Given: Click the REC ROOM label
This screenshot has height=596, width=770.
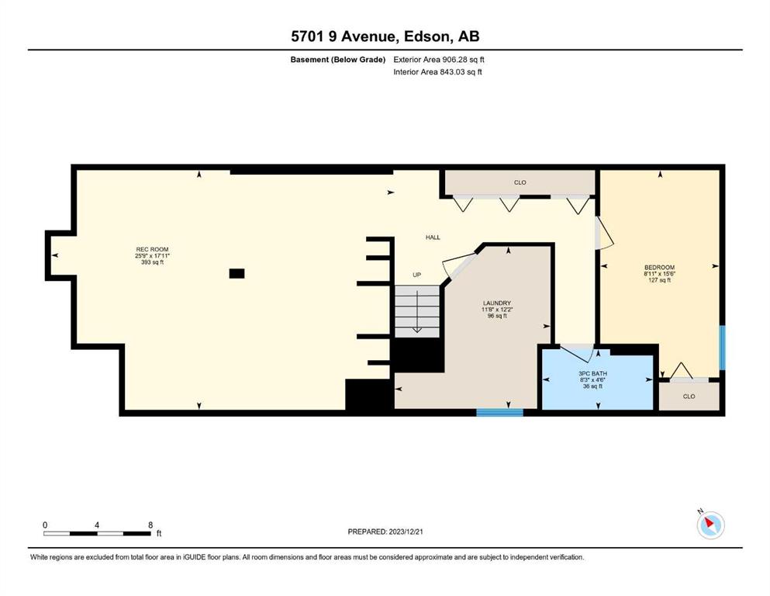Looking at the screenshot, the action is tap(152, 250).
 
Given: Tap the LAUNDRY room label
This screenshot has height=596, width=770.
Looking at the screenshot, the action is tap(497, 303).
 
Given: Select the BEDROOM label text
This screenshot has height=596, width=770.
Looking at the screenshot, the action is tap(660, 267).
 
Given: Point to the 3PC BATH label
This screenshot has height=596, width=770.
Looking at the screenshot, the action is tap(592, 373).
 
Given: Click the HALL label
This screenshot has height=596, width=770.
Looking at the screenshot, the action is tap(433, 237).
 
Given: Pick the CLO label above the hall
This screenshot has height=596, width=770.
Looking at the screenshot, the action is tap(520, 182).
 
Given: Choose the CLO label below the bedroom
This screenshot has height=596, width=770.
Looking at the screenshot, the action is tap(689, 396).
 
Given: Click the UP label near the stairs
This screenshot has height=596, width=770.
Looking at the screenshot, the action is tap(417, 275).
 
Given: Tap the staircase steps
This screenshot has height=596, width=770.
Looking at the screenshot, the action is tap(417, 311).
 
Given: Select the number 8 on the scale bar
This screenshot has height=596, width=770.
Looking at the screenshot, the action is tap(150, 525).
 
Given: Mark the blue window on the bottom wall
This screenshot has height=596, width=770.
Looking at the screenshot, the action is tap(499, 413).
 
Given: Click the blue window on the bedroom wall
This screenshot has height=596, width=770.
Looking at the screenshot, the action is tap(722, 348).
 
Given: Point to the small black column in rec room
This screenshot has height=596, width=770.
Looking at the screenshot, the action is tap(237, 274).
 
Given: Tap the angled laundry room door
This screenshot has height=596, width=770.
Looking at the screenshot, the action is tap(458, 266).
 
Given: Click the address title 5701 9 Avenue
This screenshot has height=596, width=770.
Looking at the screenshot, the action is tap(343, 36).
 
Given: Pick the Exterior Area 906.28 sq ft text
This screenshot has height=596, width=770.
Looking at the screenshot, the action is tap(439, 60).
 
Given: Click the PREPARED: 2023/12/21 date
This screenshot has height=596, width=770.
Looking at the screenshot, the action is tap(385, 532).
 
